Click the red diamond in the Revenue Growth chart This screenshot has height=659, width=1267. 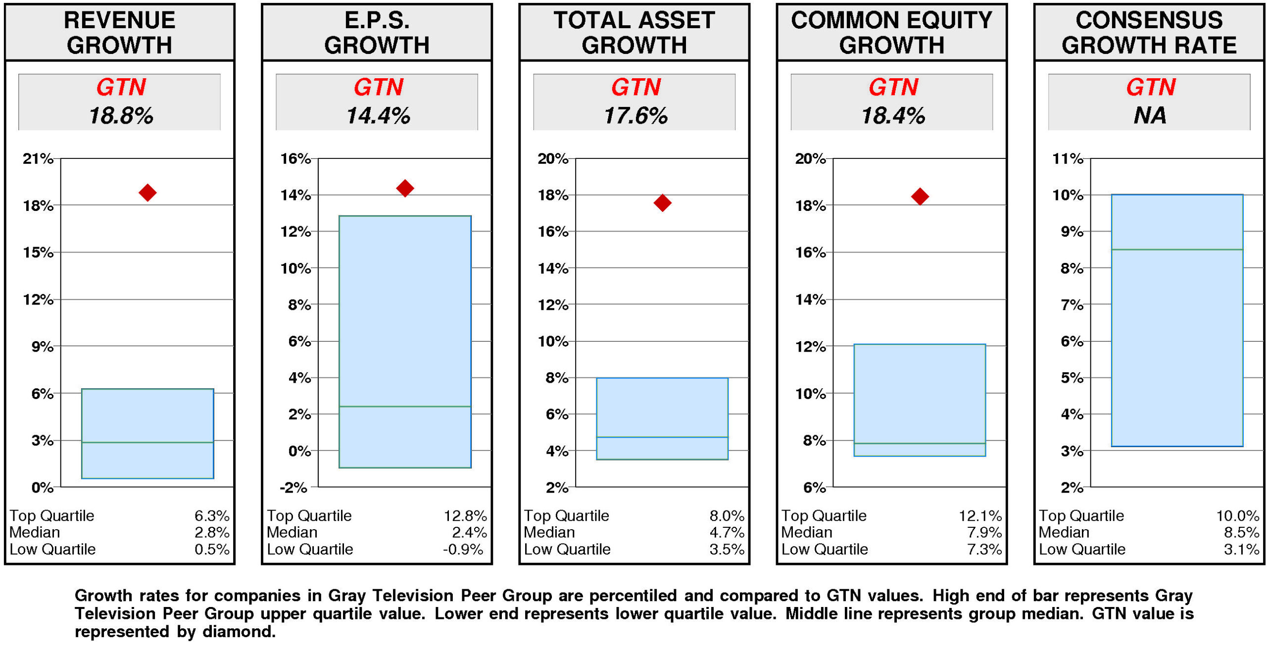(147, 193)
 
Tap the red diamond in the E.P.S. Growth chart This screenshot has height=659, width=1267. (405, 188)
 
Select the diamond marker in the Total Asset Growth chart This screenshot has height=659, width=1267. (662, 203)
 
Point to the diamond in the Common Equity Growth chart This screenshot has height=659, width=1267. (920, 197)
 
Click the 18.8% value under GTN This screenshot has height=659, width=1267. (121, 116)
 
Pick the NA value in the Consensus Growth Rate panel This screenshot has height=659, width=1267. (1150, 116)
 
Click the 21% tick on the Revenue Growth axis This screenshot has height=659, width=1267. (38, 159)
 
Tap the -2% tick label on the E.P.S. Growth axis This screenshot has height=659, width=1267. (293, 488)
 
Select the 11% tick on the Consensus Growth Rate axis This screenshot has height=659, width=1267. (1068, 159)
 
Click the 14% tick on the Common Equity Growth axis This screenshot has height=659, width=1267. (810, 300)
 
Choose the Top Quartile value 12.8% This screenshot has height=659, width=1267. (465, 516)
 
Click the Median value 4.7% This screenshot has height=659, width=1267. (727, 533)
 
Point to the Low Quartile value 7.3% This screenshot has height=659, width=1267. (984, 550)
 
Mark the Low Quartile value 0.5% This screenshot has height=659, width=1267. (212, 550)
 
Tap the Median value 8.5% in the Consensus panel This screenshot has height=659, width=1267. (1241, 533)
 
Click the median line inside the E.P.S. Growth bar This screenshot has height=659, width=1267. (405, 406)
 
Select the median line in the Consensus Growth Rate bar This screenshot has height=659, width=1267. (1177, 250)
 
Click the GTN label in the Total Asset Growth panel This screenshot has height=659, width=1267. (635, 88)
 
